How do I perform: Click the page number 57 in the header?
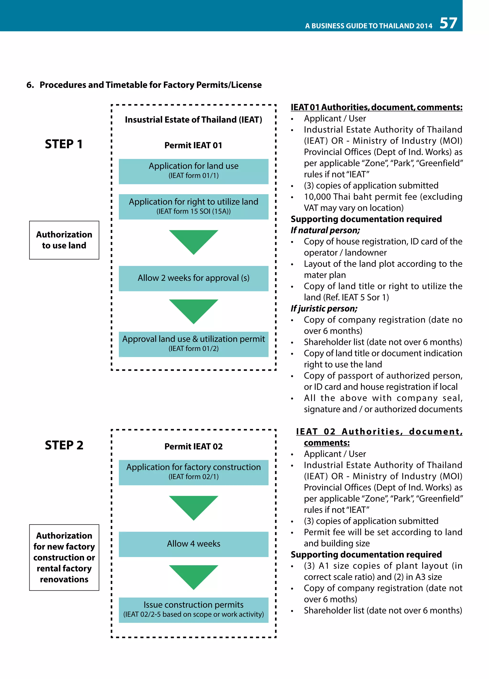click(x=448, y=23)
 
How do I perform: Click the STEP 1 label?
click(x=64, y=144)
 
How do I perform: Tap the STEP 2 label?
click(x=64, y=445)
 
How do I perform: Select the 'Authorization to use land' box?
click(x=64, y=240)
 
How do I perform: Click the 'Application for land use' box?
click(x=193, y=171)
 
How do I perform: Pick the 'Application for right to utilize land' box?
click(x=193, y=207)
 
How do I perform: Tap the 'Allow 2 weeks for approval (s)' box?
click(x=193, y=278)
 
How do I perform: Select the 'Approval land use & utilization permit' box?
click(x=193, y=344)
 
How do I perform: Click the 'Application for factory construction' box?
click(x=193, y=472)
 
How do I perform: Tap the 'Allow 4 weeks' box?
click(x=193, y=544)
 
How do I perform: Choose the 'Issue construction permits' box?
click(x=193, y=610)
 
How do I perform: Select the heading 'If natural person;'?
click(x=325, y=230)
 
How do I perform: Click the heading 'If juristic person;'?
click(x=324, y=308)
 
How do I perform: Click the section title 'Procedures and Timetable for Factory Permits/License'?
click(x=150, y=85)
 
